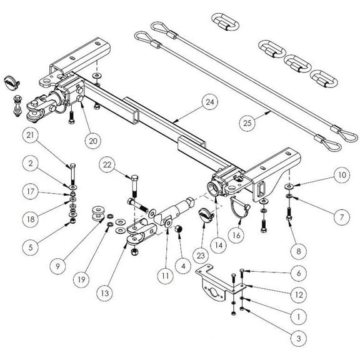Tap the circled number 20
click(x=92, y=141)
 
